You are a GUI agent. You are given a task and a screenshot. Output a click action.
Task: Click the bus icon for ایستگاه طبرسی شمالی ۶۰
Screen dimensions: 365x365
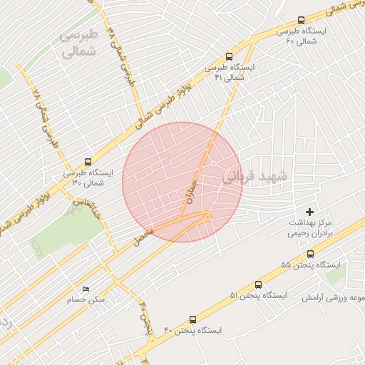click(x=301, y=21)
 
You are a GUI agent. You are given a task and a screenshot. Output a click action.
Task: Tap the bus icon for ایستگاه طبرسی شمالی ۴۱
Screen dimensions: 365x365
click(x=229, y=55)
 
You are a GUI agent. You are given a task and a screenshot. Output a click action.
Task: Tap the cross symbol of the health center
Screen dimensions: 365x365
click(x=309, y=212)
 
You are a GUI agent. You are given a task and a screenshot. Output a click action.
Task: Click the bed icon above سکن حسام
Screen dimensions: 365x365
click(x=86, y=289)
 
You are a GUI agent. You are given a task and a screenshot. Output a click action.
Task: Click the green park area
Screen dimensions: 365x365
click(x=68, y=228)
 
